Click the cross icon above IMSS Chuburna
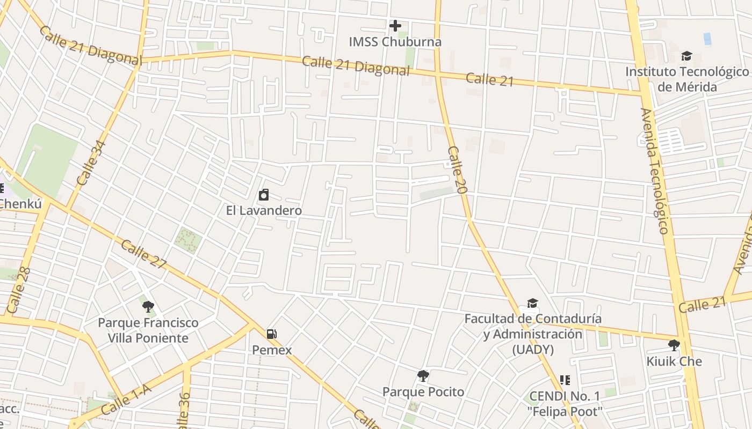[395, 25]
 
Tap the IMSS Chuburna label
[395, 42]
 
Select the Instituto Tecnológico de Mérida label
[687, 79]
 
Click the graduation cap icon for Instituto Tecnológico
[686, 56]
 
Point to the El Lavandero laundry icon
[264, 195]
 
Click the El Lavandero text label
[264, 210]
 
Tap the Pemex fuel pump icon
[272, 334]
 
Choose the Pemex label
[272, 350]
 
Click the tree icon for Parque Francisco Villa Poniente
[148, 307]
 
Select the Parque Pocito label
[423, 391]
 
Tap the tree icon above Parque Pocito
[423, 375]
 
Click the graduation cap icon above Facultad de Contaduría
[532, 304]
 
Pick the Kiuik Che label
[674, 361]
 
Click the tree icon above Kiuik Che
[674, 345]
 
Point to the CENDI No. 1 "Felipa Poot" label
[565, 404]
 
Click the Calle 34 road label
[91, 163]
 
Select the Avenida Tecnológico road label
[654, 171]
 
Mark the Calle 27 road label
[143, 255]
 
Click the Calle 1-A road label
[126, 399]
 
